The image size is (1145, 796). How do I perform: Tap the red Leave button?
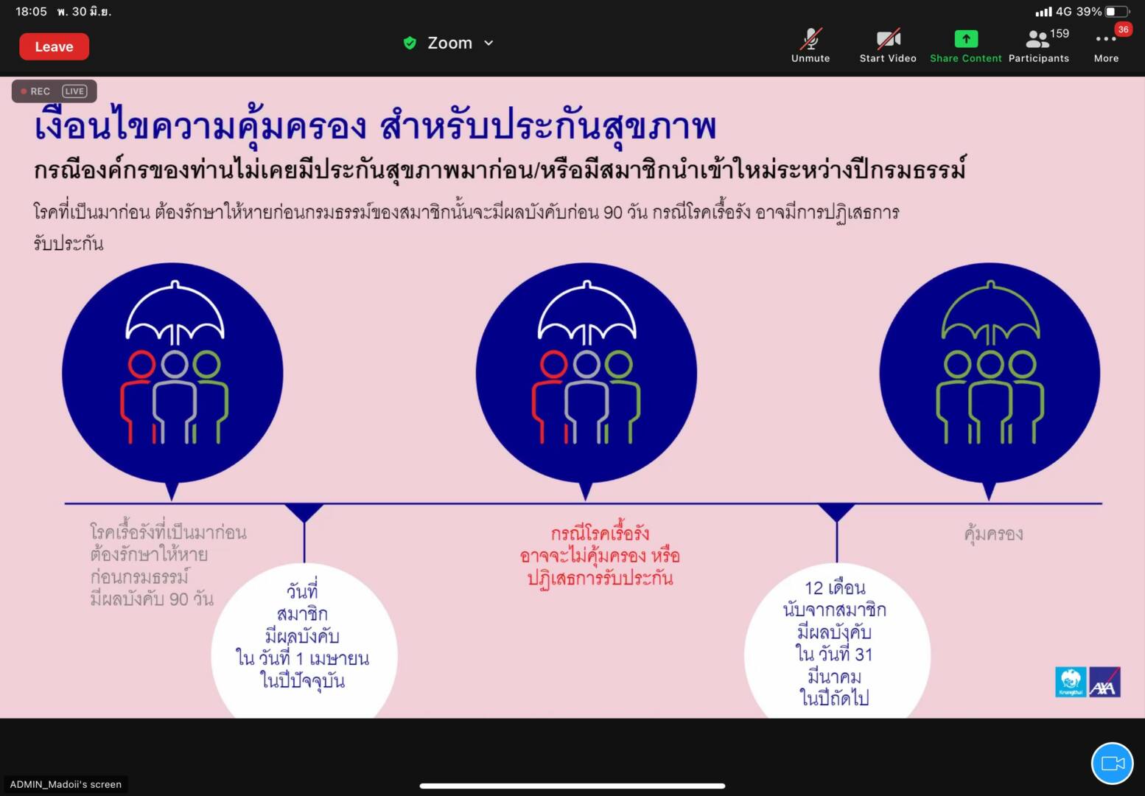[x=55, y=46]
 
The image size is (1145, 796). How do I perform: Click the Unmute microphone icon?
[x=810, y=39]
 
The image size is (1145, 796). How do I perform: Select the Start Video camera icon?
[x=889, y=39]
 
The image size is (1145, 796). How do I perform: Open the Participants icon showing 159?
[x=1037, y=39]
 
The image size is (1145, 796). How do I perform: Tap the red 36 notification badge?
[x=1123, y=29]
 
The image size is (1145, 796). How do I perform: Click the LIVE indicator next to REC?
[x=74, y=91]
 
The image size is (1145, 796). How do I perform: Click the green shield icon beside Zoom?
[x=410, y=43]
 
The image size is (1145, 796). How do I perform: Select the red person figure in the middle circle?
[x=550, y=394]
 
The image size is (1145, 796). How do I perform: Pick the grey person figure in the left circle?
[x=175, y=397]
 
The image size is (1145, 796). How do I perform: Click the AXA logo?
[x=1104, y=682]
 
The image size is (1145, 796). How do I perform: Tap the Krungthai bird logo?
[x=1071, y=682]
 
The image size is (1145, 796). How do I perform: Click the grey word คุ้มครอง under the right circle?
[x=993, y=534]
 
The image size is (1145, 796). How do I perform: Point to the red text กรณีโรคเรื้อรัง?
[x=600, y=533]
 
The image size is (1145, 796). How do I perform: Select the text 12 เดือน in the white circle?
[x=836, y=588]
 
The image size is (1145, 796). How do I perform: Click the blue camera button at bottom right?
[x=1113, y=764]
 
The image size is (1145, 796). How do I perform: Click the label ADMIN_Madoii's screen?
[x=66, y=784]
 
